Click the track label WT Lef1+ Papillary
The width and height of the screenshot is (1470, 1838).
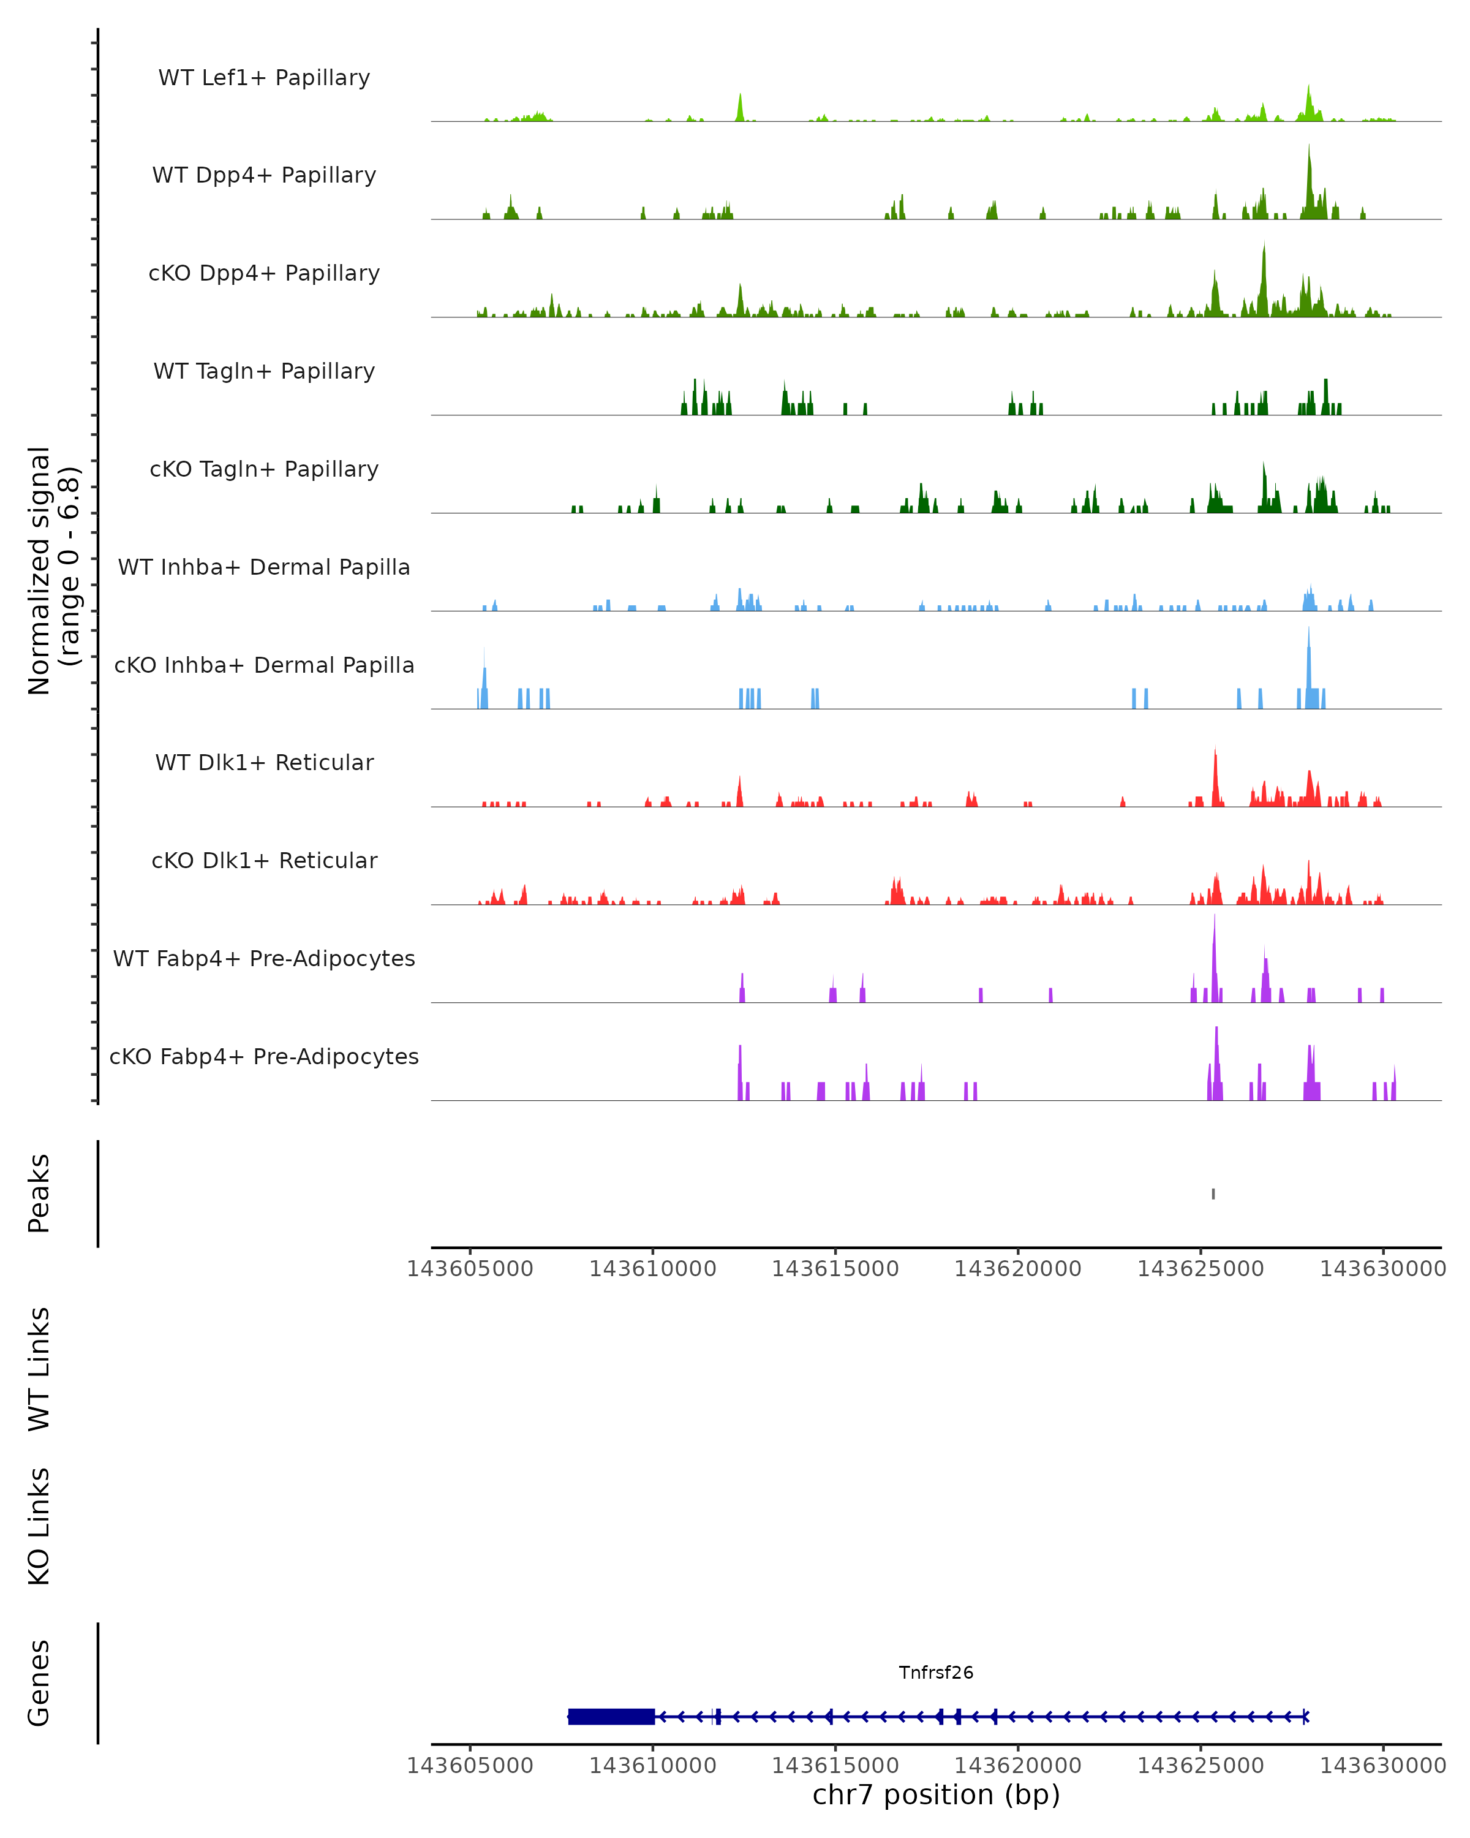[264, 78]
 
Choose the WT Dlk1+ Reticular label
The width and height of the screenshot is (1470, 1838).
[264, 762]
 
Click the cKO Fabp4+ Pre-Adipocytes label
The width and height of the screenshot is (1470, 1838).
[264, 1056]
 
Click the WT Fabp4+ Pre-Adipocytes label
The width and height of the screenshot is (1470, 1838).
[264, 958]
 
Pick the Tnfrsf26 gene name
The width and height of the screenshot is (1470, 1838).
[936, 1673]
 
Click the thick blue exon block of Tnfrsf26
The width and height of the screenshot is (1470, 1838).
[611, 1717]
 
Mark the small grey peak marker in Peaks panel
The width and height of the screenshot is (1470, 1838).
[1213, 1193]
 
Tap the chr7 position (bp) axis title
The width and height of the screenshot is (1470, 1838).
[936, 1795]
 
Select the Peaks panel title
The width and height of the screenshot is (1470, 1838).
[39, 1193]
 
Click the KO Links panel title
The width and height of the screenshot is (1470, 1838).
[39, 1526]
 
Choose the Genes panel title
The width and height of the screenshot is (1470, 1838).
[39, 1683]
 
